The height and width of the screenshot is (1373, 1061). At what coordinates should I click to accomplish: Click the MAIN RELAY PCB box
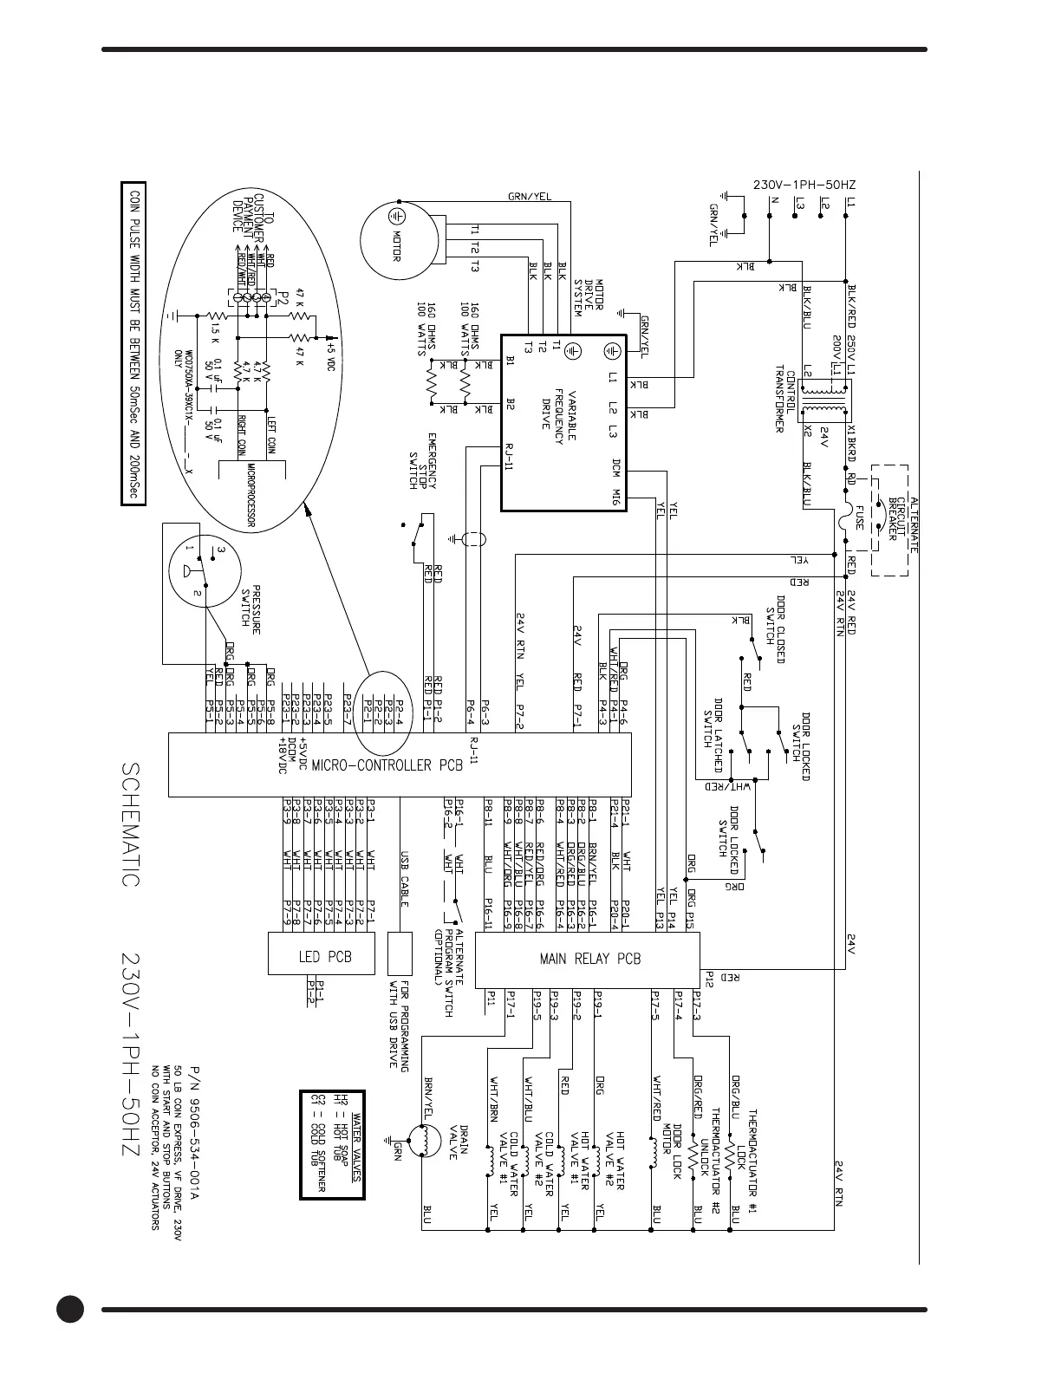[589, 960]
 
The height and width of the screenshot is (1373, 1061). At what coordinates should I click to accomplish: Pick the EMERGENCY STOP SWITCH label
[423, 461]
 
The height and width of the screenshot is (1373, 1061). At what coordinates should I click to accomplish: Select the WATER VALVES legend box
[332, 1144]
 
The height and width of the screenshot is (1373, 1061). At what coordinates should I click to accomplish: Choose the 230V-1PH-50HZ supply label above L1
[804, 185]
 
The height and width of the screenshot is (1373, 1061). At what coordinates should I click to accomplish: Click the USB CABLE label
[404, 880]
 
